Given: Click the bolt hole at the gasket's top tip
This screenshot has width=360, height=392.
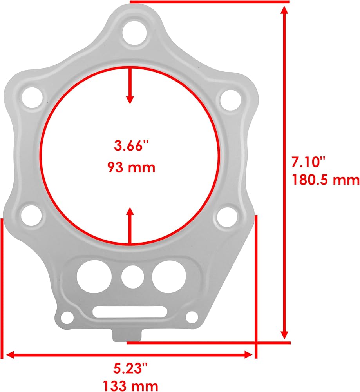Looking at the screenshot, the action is [134, 33].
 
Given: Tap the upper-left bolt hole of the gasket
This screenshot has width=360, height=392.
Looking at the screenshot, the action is [33, 98].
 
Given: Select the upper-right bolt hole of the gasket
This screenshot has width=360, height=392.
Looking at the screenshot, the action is [231, 100].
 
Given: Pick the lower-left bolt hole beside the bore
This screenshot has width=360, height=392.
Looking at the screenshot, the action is [31, 215].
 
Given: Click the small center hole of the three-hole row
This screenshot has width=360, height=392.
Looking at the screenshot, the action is [133, 276].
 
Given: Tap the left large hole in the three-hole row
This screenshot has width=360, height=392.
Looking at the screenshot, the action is [94, 277].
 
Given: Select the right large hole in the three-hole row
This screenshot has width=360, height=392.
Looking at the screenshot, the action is [169, 277].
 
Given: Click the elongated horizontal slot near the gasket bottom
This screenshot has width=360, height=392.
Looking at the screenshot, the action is [130, 312].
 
